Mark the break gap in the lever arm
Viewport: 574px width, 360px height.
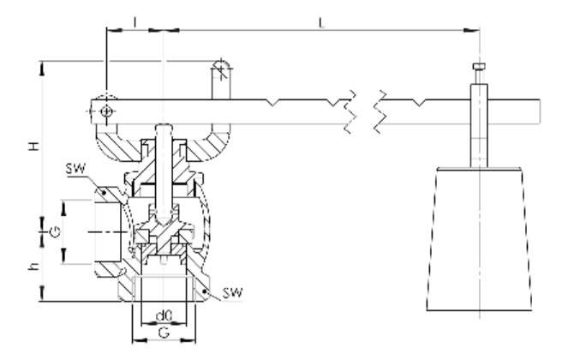[x=365, y=111]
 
